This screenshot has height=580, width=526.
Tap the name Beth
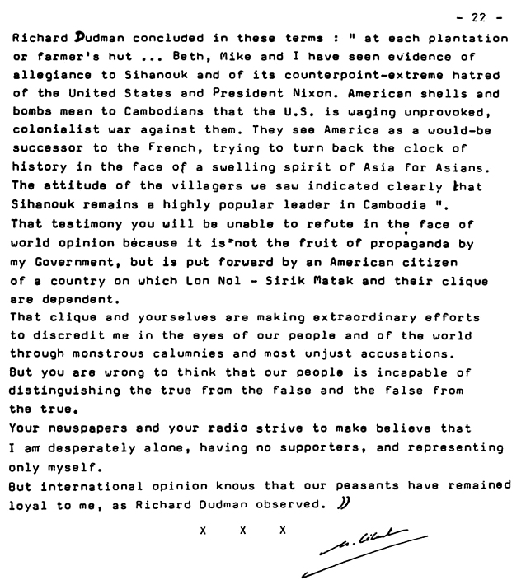tap(184, 56)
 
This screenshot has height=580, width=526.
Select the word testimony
tap(87, 224)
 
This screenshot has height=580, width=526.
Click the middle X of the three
tap(244, 531)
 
